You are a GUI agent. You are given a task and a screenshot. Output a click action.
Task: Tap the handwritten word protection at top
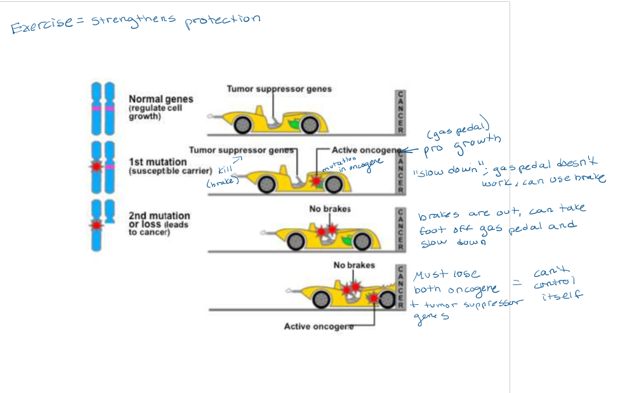point(222,21)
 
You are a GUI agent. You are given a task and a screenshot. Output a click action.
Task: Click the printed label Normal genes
point(161,99)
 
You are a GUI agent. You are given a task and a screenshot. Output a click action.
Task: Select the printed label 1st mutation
point(157,162)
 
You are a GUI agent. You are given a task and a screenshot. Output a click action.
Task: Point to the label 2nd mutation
point(159,216)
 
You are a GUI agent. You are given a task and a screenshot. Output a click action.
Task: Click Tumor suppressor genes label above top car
point(279,89)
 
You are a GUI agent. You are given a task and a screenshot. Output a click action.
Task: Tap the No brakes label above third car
point(330,209)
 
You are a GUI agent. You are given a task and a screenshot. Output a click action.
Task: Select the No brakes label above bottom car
point(354,265)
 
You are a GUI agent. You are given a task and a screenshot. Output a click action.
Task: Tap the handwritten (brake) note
point(221,182)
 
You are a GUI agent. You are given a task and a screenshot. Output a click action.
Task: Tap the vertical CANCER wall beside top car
point(400,112)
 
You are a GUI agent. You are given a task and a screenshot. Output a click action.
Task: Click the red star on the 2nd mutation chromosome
point(96,225)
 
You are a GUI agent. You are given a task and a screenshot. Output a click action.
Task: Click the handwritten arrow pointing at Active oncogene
point(414,151)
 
